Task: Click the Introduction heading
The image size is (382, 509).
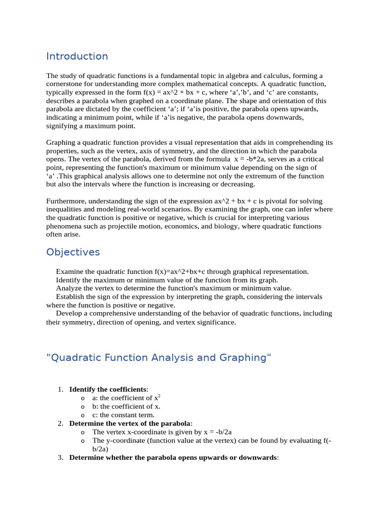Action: pos(77,56)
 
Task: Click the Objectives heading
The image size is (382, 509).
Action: pos(73,252)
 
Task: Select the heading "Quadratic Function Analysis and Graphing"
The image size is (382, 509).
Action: pos(159,358)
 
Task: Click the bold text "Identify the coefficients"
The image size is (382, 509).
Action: pos(108,389)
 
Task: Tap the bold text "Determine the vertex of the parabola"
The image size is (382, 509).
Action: pos(129,424)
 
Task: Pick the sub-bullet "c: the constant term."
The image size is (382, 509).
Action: pos(123,415)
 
